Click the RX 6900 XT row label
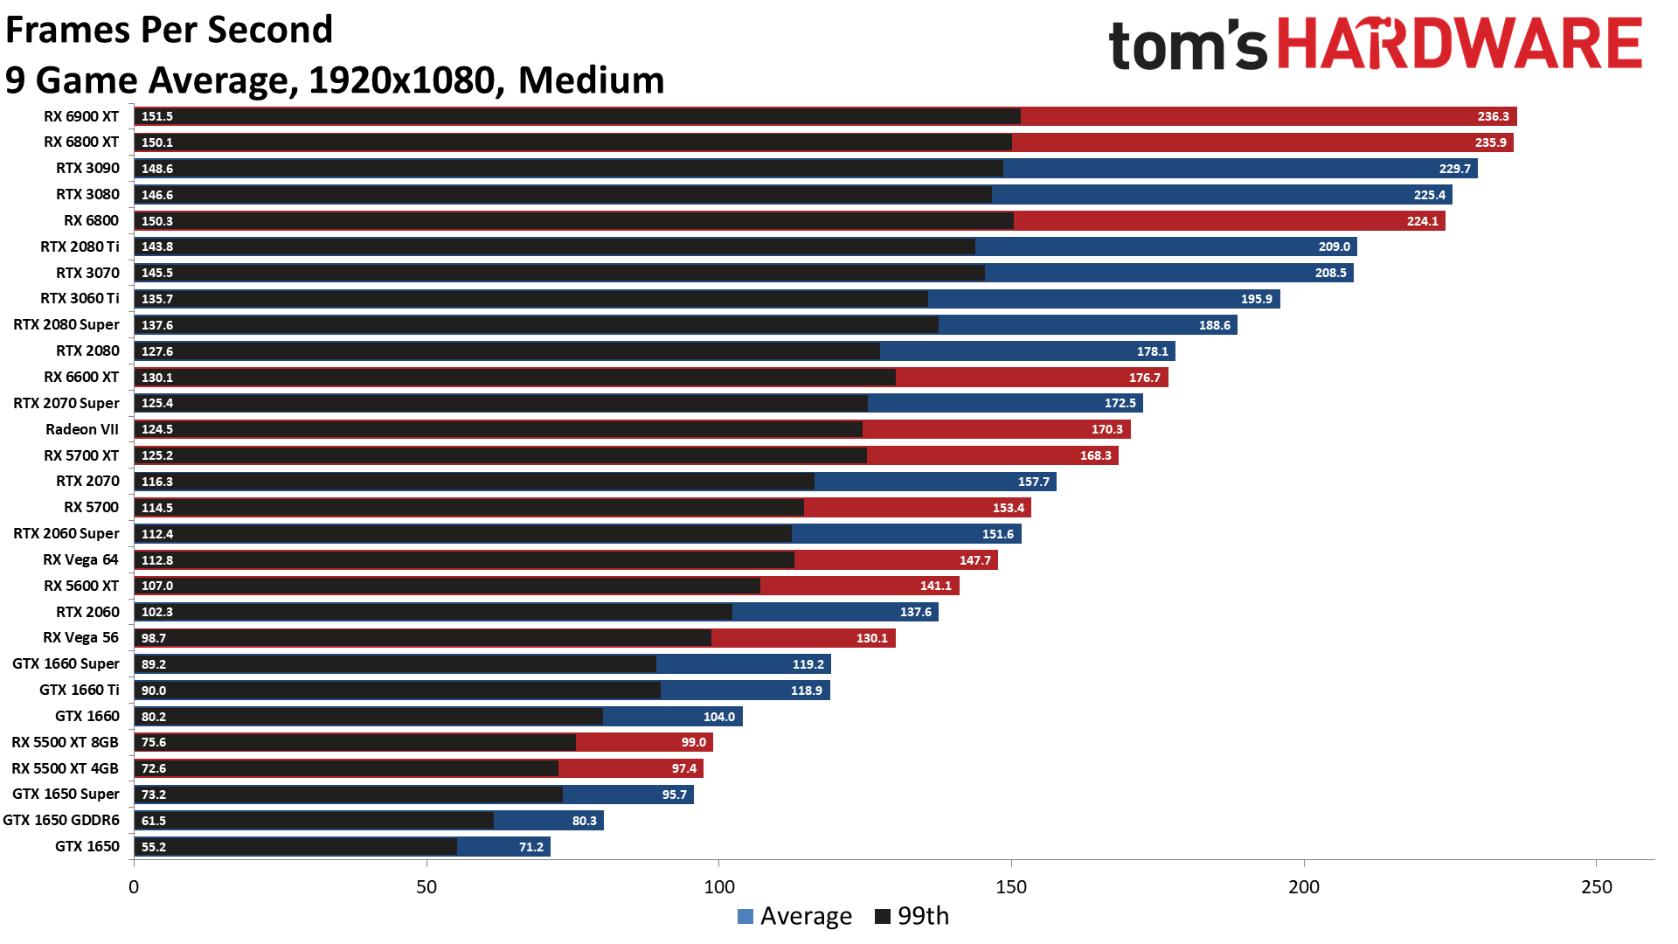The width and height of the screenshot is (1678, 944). (x=81, y=116)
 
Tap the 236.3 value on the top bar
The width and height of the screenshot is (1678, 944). (x=1493, y=116)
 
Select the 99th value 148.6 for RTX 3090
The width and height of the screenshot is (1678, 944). (x=157, y=169)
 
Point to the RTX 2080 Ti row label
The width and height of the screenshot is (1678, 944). (x=80, y=246)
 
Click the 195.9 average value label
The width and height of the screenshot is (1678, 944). (x=1256, y=299)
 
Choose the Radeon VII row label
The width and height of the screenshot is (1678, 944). (x=82, y=429)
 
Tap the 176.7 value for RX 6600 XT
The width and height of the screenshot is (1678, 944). (x=1144, y=378)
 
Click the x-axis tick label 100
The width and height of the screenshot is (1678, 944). (x=718, y=887)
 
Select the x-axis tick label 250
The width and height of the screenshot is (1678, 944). (x=1596, y=887)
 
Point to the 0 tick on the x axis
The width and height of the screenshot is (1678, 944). (x=134, y=887)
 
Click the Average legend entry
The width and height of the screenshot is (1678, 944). (x=794, y=916)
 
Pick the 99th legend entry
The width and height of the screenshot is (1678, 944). (x=912, y=916)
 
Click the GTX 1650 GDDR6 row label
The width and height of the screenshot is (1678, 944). (x=61, y=820)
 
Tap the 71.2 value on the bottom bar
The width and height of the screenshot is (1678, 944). (x=530, y=847)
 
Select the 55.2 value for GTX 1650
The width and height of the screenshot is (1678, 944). (x=154, y=847)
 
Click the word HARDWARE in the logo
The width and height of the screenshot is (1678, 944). (x=1460, y=44)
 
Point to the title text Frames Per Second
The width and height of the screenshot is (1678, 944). (x=170, y=30)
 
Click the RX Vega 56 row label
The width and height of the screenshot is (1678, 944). (x=80, y=637)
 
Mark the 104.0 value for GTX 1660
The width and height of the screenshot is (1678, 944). (x=718, y=717)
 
